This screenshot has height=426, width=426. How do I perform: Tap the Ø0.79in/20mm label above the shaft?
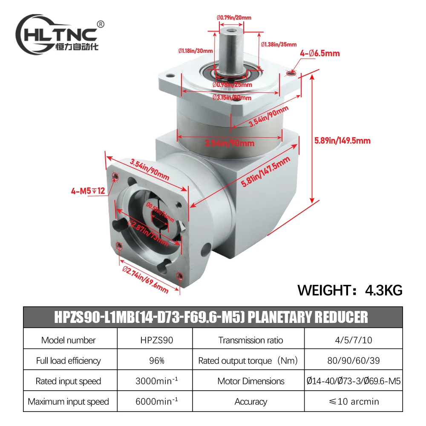point(233,17)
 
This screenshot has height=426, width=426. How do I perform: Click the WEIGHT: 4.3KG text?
point(350,290)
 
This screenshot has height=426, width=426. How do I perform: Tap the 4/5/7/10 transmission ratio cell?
point(353,340)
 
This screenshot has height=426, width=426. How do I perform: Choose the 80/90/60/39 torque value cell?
point(353,360)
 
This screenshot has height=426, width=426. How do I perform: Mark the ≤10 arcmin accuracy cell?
point(353,401)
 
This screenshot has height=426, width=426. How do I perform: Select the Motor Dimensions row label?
point(250,381)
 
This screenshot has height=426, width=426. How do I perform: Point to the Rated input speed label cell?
point(68,381)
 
